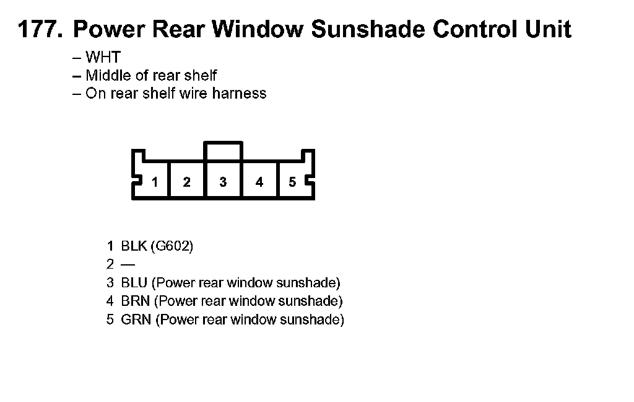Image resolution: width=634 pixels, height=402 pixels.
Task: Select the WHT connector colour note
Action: tap(103, 58)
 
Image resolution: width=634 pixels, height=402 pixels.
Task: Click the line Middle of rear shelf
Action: tap(151, 76)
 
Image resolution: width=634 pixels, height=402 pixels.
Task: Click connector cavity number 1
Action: tap(155, 182)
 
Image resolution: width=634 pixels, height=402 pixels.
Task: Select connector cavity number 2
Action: tap(186, 182)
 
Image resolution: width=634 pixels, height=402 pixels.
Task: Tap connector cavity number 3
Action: tap(223, 182)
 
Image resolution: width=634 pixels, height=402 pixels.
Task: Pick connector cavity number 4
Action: tap(259, 182)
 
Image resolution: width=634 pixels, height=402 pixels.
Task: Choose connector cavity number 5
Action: tap(292, 182)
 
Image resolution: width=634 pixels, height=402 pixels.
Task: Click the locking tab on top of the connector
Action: tap(223, 151)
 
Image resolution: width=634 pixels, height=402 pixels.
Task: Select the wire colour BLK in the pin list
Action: tap(134, 246)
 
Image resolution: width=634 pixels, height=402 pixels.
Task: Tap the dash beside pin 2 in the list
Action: tap(128, 265)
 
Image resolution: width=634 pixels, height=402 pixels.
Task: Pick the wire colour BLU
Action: tap(134, 284)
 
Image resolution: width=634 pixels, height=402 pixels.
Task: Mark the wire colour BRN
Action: tap(135, 301)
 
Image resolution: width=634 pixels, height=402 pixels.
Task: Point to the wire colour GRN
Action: tap(136, 320)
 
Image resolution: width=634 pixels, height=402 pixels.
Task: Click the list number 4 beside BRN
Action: tap(110, 301)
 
